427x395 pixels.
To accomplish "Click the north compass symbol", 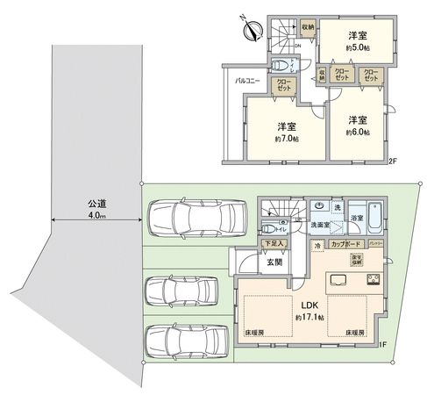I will pyautogui.click(x=253, y=28).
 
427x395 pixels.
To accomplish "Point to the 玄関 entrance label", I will pyautogui.click(x=273, y=262).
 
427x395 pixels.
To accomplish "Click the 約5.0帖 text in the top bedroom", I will pyautogui.click(x=356, y=47).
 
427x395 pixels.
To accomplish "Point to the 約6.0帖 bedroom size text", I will pyautogui.click(x=356, y=132).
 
